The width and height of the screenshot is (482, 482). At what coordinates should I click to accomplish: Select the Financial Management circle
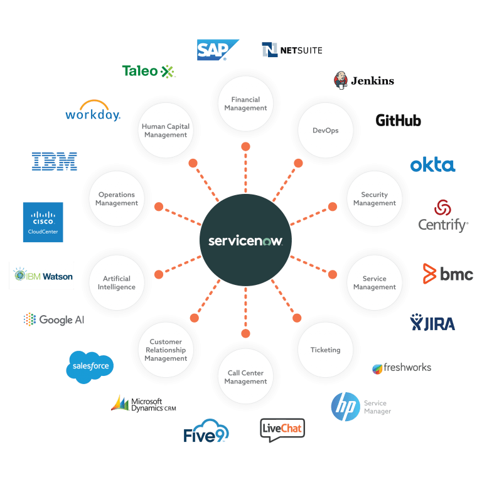pos(245,104)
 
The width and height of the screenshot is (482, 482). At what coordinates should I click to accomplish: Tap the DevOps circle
pos(325,131)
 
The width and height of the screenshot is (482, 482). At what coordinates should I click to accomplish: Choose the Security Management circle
pos(374,199)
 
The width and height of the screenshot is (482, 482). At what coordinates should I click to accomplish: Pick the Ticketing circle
pos(325,350)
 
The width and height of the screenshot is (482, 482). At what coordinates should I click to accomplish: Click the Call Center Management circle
pos(245,377)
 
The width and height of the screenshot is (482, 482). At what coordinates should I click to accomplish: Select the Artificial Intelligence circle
pos(116,282)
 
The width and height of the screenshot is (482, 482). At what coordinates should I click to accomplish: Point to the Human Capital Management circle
pos(165,131)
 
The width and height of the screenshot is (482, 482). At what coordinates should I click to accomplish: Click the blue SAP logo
pos(218,50)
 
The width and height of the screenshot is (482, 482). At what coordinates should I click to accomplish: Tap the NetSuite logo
pos(292,50)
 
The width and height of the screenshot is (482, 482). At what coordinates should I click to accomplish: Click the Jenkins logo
pos(363,80)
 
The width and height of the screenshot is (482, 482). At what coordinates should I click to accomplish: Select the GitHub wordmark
pos(398,120)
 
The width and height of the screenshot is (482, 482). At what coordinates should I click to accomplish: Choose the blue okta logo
pos(432,165)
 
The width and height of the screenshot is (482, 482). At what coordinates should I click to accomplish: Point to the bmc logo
pos(447,274)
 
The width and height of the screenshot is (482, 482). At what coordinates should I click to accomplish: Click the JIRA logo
pos(432,323)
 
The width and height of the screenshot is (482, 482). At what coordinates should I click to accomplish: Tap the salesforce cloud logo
pos(90,366)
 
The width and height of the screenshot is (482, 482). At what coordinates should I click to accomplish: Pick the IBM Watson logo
pos(41,276)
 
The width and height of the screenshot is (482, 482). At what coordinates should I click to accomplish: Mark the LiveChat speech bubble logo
pos(282,430)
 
